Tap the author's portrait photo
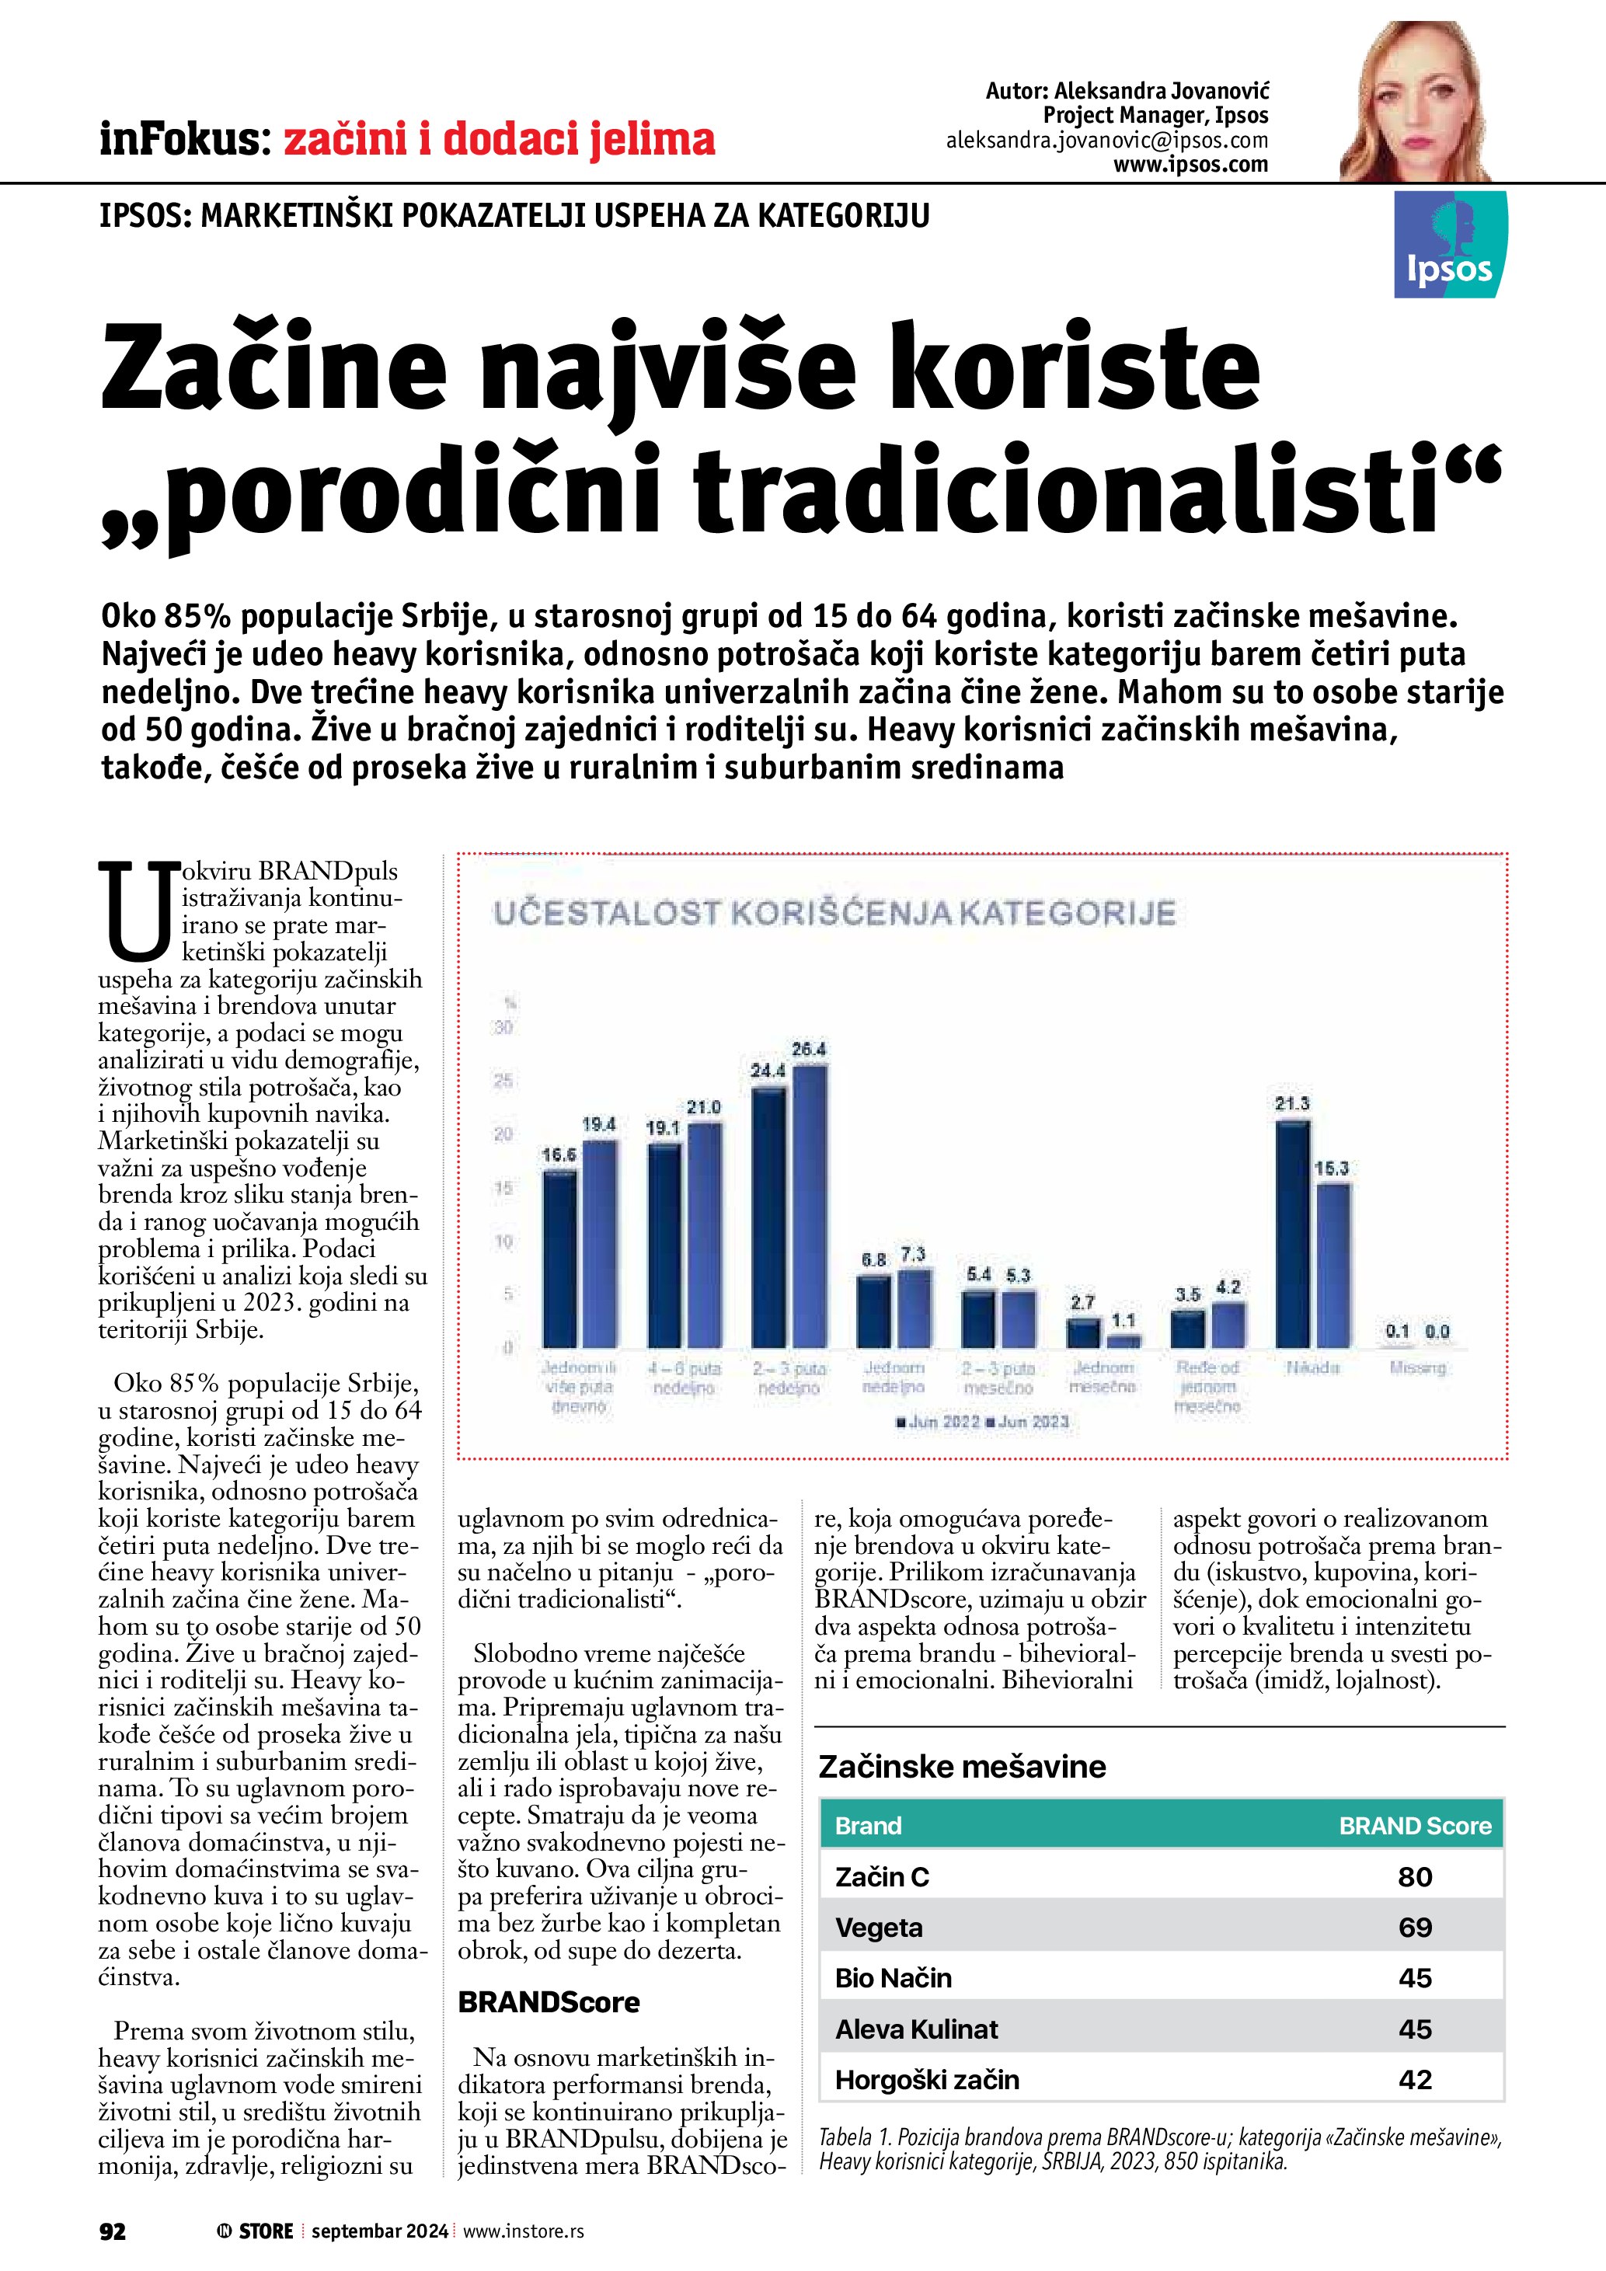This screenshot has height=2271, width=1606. (x=1416, y=102)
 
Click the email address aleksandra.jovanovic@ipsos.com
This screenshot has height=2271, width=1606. (x=1106, y=141)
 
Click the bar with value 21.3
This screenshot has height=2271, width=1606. (x=1293, y=1234)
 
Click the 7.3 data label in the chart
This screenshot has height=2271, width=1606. (x=913, y=1254)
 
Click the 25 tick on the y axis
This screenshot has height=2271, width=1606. (x=503, y=1081)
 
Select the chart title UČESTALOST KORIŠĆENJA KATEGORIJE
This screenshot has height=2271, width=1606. (x=834, y=912)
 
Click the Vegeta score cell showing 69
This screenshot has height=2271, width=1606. (x=1414, y=1927)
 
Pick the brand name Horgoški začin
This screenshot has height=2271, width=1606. (x=927, y=2079)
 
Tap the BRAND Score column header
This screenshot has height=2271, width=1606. (x=1414, y=1826)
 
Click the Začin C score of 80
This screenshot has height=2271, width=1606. (x=1414, y=1876)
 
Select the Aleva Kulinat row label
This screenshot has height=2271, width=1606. (x=916, y=2029)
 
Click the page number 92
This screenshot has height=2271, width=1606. (x=113, y=2231)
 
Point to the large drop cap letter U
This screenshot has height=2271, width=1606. (x=137, y=911)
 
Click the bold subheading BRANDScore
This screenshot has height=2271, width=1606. (x=549, y=2002)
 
